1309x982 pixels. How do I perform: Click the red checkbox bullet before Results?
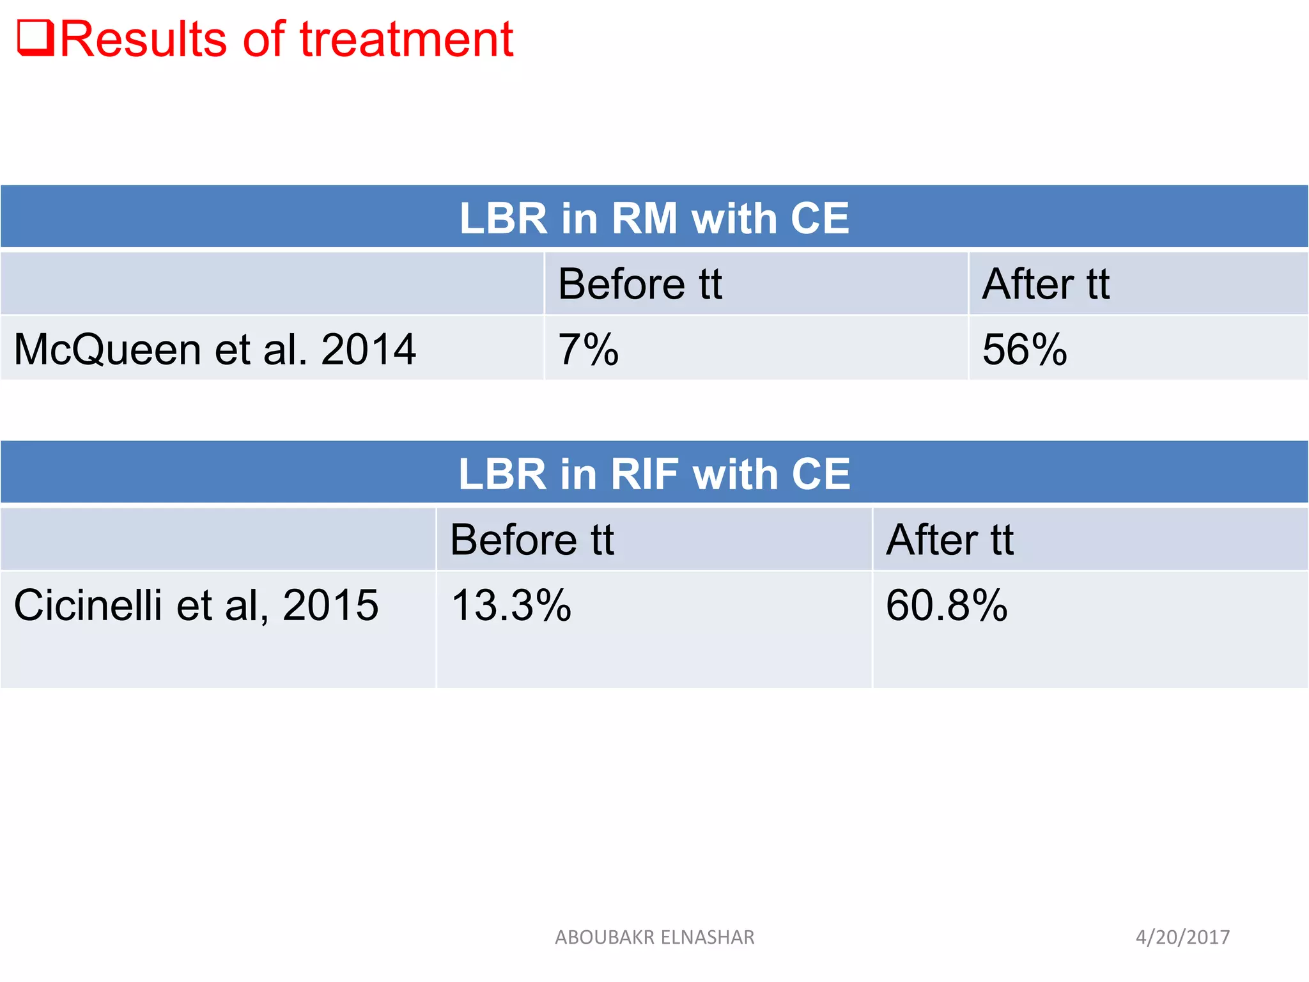35,39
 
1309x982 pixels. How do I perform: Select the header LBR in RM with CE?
654,219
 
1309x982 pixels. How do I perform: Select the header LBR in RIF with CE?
654,474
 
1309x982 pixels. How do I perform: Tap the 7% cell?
589,350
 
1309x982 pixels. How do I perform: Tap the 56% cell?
1025,350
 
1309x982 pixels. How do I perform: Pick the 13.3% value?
511,605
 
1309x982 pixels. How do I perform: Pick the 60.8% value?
947,605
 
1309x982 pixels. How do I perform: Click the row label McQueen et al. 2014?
215,350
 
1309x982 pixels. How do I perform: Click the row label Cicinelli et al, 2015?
196,605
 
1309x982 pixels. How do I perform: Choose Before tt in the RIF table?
532,540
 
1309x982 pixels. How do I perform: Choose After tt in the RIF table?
950,540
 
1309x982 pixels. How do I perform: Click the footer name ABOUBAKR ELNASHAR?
654,937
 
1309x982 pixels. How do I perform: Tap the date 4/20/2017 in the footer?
1182,937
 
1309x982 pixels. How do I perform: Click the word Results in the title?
143,40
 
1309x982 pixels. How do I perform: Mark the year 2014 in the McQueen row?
368,350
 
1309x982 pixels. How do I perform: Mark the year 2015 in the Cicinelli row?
330,605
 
